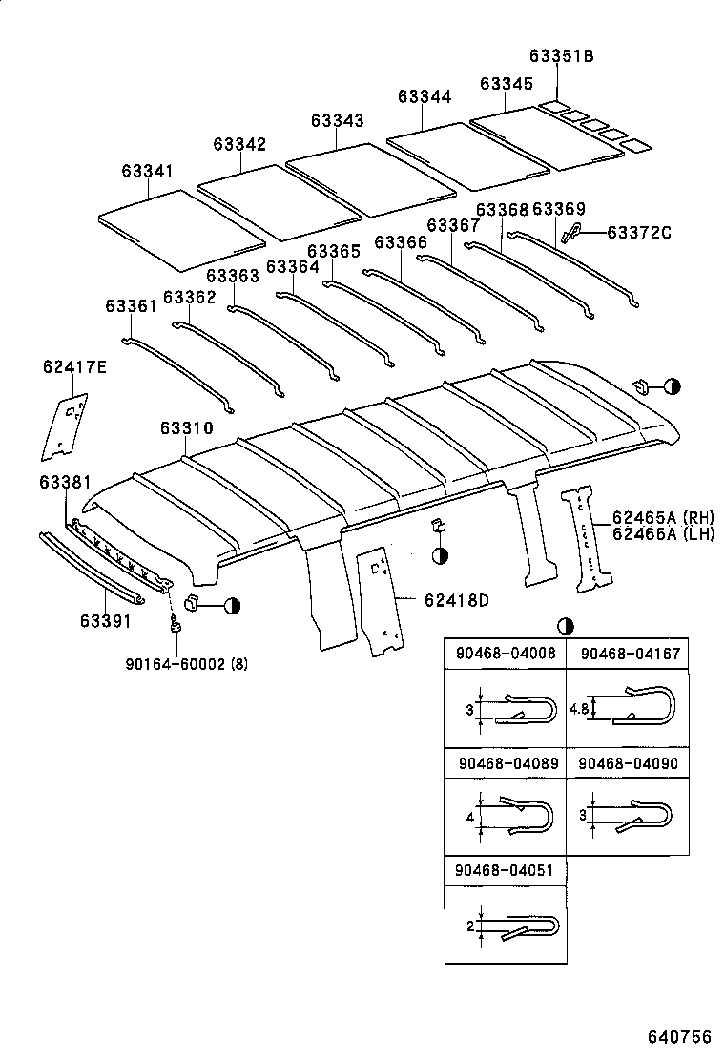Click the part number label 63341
(x=147, y=171)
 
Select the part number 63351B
(x=563, y=56)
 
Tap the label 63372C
(x=639, y=232)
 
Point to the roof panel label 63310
(x=186, y=429)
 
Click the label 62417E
(x=74, y=367)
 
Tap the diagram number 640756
(x=680, y=1036)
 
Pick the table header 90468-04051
(x=505, y=871)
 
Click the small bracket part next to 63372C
(x=571, y=232)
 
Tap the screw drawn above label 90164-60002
(x=176, y=626)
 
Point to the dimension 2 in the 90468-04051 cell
(x=469, y=926)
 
